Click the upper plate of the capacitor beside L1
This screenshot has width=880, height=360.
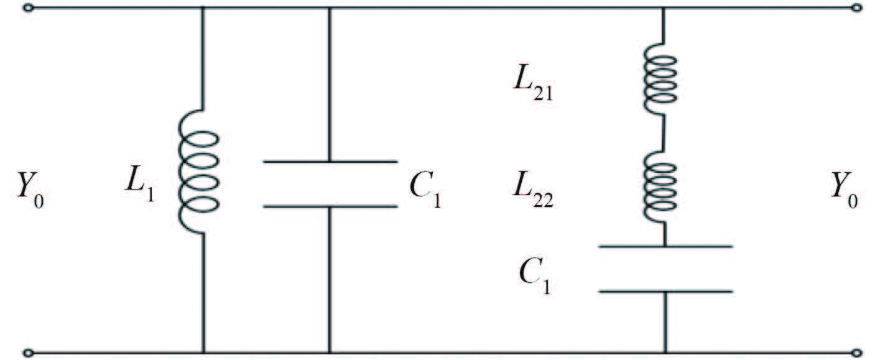coord(330,162)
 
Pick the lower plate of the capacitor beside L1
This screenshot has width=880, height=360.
coord(330,206)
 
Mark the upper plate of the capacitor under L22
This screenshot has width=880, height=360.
coord(665,247)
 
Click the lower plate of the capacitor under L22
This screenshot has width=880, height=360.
coord(665,291)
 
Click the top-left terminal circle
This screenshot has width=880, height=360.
coord(27,8)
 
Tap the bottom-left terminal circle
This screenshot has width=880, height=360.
coord(27,353)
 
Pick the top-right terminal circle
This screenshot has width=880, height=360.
coord(857,8)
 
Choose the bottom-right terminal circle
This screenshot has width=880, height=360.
coord(857,353)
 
